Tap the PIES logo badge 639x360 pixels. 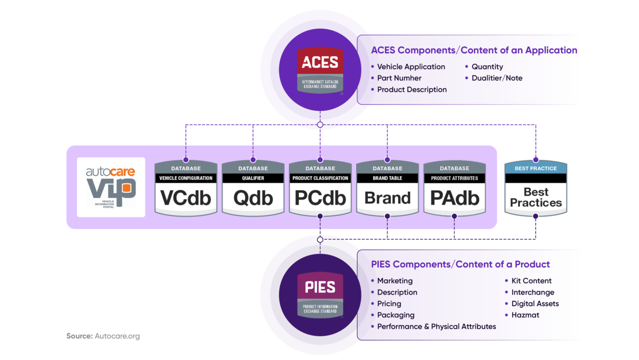click(x=319, y=296)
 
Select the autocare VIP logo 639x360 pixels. click(x=111, y=187)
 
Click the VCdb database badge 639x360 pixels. click(x=186, y=189)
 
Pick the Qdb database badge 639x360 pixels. click(x=253, y=189)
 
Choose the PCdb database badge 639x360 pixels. click(x=320, y=189)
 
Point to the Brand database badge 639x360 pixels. click(x=387, y=189)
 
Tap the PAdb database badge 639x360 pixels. click(x=454, y=189)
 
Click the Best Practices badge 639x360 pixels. click(x=536, y=189)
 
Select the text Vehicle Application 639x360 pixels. click(x=411, y=67)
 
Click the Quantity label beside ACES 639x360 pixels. click(x=487, y=67)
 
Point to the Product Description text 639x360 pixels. click(x=412, y=89)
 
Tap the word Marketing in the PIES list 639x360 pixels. click(x=395, y=281)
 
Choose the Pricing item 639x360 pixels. click(x=389, y=304)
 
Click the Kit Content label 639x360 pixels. click(x=531, y=281)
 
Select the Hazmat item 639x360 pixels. click(x=526, y=315)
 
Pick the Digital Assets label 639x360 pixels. click(x=535, y=304)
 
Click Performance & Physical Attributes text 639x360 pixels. click(x=437, y=326)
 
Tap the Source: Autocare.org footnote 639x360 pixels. click(x=103, y=336)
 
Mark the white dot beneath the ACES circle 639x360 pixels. click(x=320, y=125)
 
